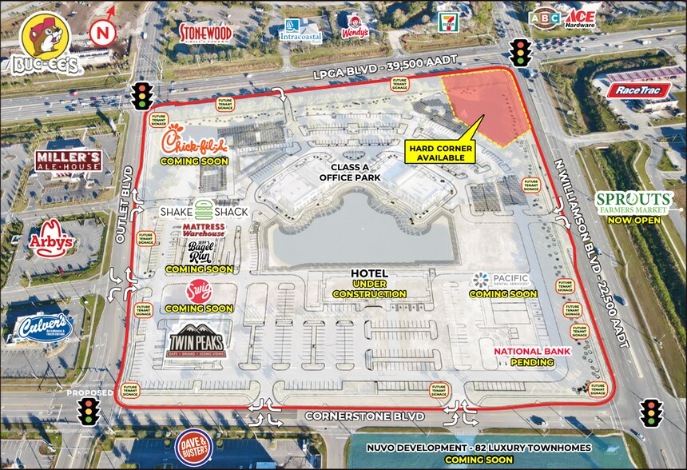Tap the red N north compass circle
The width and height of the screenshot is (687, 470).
[x=101, y=34]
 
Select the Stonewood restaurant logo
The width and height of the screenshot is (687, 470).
[x=205, y=31]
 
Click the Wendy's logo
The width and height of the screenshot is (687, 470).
[x=355, y=26]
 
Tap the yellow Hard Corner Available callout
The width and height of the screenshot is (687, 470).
[x=440, y=153]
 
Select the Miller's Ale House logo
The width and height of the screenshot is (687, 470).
[x=68, y=161]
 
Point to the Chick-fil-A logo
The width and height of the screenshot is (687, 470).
[x=194, y=142]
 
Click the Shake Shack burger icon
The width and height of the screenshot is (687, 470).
[x=204, y=211]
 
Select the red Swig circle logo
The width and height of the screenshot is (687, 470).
[x=198, y=289]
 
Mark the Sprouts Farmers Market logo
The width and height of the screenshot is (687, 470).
[x=633, y=203]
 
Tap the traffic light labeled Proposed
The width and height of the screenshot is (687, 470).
[x=89, y=412]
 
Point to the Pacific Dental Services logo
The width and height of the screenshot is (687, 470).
[x=500, y=280]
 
